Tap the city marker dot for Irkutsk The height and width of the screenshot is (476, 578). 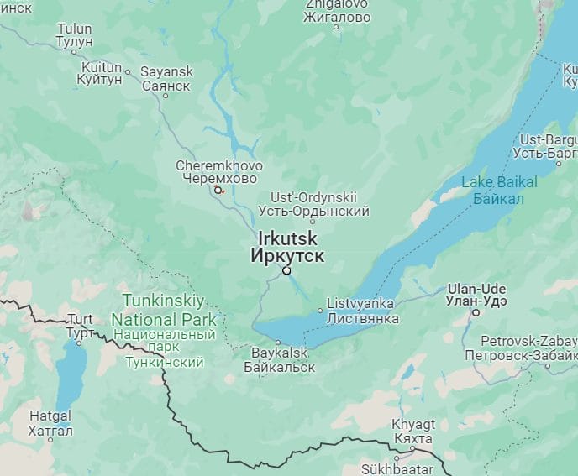tap(286, 270)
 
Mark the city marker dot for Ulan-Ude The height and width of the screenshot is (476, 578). tap(476, 312)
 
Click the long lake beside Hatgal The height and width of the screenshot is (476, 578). tap(71, 369)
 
